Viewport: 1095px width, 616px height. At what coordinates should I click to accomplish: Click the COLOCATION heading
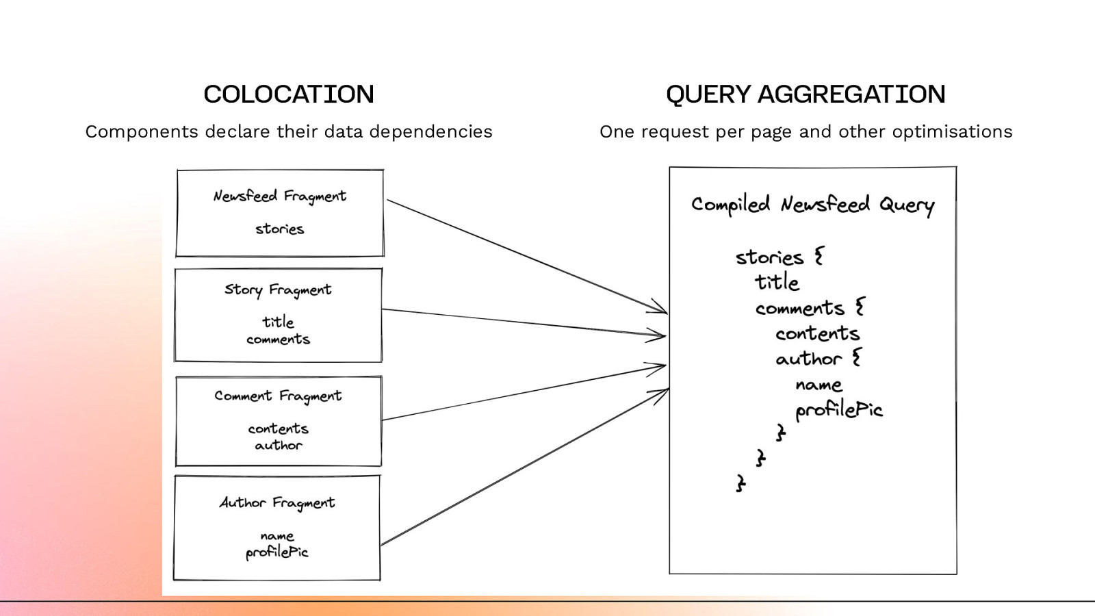click(x=288, y=94)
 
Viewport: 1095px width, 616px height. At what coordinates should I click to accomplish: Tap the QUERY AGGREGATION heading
click(x=805, y=94)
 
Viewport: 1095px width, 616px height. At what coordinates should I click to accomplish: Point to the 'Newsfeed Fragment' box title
click(x=279, y=196)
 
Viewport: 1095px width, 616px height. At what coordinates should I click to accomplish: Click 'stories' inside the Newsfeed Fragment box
click(x=279, y=229)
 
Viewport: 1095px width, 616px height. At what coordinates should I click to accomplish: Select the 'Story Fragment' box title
click(x=278, y=290)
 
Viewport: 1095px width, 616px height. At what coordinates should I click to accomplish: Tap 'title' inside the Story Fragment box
click(x=278, y=322)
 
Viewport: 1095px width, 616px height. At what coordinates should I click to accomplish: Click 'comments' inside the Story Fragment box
click(x=278, y=339)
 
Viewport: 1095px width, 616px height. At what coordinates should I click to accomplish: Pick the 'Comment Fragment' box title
click(x=278, y=396)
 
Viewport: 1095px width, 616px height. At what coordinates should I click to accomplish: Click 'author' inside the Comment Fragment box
click(x=278, y=446)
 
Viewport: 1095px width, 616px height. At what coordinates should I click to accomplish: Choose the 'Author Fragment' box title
click(x=277, y=503)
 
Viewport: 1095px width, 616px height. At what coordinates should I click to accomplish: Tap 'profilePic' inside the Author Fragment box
click(x=276, y=552)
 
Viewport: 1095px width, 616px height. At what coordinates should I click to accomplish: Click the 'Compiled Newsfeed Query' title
click(x=812, y=205)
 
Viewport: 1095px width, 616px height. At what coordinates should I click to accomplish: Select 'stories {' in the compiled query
click(x=780, y=257)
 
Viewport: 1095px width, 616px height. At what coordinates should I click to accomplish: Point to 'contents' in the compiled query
click(x=817, y=333)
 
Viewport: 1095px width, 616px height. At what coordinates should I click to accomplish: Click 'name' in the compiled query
click(x=819, y=385)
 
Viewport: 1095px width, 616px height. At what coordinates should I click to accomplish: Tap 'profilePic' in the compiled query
click(x=838, y=410)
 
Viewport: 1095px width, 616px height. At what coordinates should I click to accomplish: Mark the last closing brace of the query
click(x=740, y=483)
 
